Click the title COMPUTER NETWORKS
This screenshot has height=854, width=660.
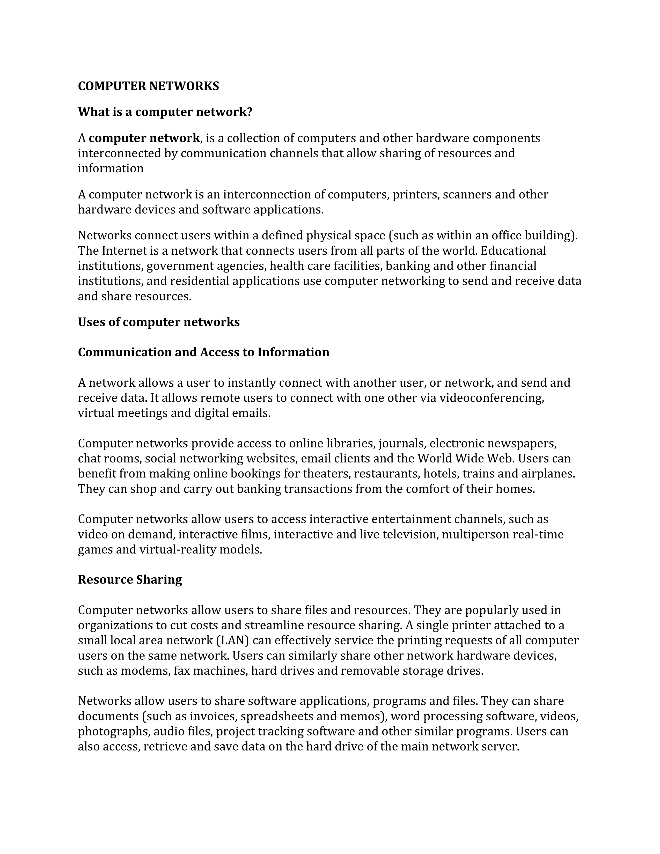[148, 86]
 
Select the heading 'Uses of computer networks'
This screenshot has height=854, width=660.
[159, 322]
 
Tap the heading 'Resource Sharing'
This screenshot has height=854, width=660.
[130, 579]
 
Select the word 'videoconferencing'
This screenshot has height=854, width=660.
[492, 398]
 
